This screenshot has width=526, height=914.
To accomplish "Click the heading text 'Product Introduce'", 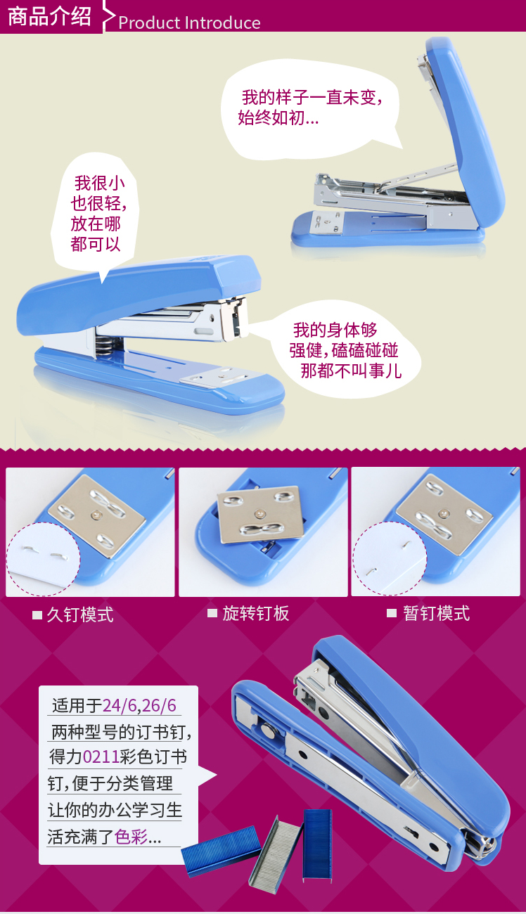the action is [189, 22].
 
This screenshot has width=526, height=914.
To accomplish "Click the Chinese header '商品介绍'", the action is [49, 16].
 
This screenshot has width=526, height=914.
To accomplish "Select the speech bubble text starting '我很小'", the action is [98, 214].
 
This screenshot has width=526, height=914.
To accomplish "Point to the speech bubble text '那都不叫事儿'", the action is [351, 371].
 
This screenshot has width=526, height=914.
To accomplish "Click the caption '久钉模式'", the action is [80, 614].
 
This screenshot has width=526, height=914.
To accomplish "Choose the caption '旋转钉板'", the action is [256, 613].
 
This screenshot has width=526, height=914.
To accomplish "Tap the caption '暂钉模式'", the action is [436, 613].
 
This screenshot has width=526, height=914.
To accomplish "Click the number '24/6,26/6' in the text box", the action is [139, 705].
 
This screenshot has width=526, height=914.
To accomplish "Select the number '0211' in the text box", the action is [101, 757].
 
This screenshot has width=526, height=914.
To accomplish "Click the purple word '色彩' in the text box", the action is [131, 837].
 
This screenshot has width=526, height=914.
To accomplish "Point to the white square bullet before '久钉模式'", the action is [37, 615].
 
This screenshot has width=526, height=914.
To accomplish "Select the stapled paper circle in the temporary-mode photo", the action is [390, 558].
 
